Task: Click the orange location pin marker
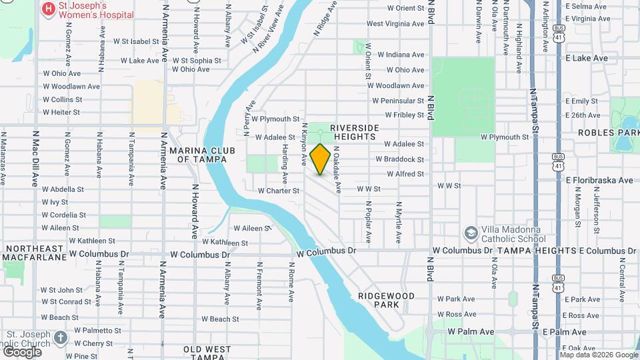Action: point(320,159)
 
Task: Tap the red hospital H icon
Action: point(48,9)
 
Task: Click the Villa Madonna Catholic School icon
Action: point(471,233)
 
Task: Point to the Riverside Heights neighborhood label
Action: point(354,132)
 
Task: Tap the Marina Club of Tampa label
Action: point(202,155)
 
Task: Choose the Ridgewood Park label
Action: point(386,300)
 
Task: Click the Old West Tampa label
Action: point(207,353)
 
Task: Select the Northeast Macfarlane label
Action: point(34,252)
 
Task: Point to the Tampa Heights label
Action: point(536,251)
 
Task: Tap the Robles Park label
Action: point(609,132)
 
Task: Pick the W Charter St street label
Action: point(278,191)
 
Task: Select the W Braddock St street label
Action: point(399,159)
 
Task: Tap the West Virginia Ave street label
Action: point(395,24)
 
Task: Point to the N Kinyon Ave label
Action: point(305,144)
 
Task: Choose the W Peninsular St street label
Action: point(398,101)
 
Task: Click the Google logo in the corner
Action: point(22,351)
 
